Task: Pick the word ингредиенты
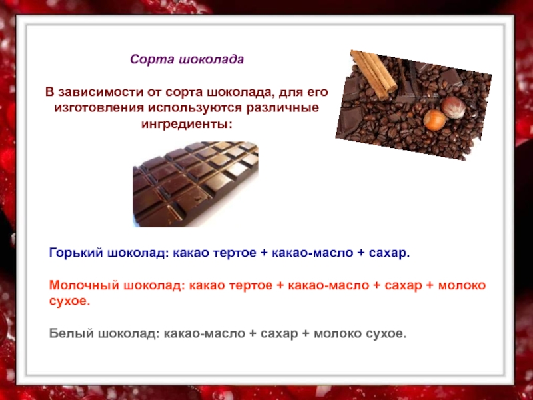coord(187,124)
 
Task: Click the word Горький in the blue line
coord(76,253)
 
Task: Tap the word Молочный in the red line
coord(84,285)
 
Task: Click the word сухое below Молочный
coord(70,301)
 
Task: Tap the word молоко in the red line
coord(462,285)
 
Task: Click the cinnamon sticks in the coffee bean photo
coord(373,74)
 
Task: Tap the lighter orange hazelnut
coord(434,120)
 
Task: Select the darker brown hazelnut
coord(454,107)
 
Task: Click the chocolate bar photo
coord(195,184)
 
